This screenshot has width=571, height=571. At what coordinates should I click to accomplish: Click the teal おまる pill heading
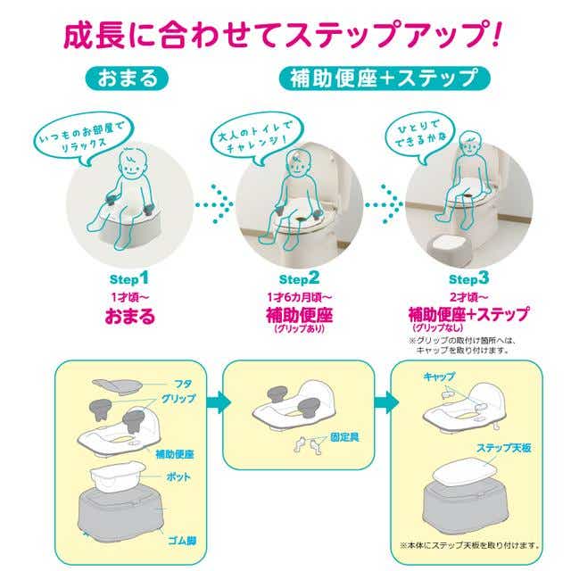coord(127,79)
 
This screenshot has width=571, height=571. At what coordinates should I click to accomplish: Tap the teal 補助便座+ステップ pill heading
coord(385,78)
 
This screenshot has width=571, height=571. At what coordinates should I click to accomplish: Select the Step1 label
coord(129,279)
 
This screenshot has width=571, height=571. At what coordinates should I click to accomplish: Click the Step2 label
coord(299,279)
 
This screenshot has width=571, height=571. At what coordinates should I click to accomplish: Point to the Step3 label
coord(468,279)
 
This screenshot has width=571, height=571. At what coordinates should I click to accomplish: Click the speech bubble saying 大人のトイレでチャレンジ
coord(257,137)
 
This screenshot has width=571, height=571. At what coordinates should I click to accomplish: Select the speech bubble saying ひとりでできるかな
coord(420,137)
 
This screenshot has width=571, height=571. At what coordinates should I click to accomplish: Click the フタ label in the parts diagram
coord(183,384)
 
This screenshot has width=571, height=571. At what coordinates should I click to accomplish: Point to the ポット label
coord(178,476)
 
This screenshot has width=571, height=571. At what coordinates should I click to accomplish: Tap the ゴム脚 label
coord(182,541)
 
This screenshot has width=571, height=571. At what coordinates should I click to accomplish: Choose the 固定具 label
coord(344,437)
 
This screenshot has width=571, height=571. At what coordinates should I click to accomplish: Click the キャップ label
coord(439,377)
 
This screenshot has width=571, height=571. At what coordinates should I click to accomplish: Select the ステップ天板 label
coord(503,448)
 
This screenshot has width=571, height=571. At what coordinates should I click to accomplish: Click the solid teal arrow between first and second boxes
coord(219,402)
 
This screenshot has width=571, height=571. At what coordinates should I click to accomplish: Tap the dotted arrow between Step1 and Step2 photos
coord(214,204)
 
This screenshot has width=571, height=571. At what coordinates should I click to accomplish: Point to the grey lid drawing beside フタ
coord(117,385)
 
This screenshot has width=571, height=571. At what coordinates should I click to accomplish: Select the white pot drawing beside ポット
coord(118,476)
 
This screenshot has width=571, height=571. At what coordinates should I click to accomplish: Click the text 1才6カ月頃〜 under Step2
coord(300,297)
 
